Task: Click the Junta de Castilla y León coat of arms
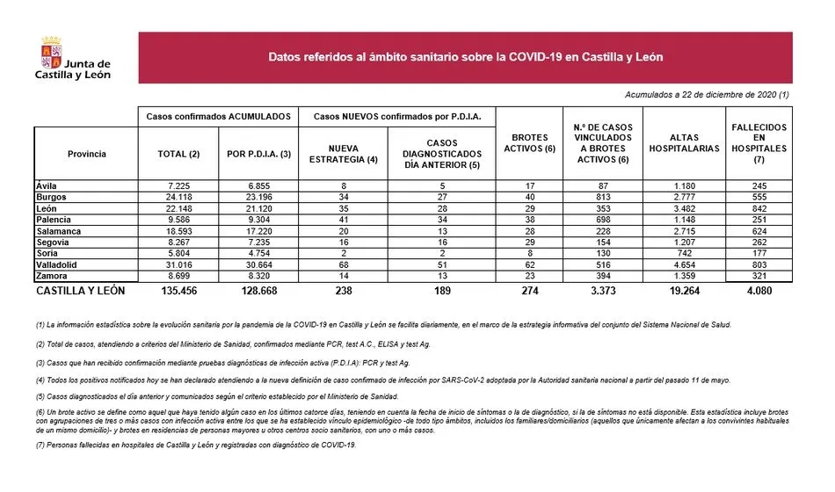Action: pyautogui.click(x=52, y=52)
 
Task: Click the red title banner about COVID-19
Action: pyautogui.click(x=465, y=58)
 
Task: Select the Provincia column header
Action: pyautogui.click(x=86, y=154)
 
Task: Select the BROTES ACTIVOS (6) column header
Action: pyautogui.click(x=528, y=143)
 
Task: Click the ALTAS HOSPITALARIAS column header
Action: pyautogui.click(x=683, y=143)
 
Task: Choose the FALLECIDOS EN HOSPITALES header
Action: pyautogui.click(x=759, y=143)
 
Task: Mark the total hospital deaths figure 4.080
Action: pyautogui.click(x=759, y=290)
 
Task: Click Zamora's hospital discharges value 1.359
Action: pyautogui.click(x=683, y=276)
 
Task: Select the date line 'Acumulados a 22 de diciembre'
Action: pyautogui.click(x=707, y=94)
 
